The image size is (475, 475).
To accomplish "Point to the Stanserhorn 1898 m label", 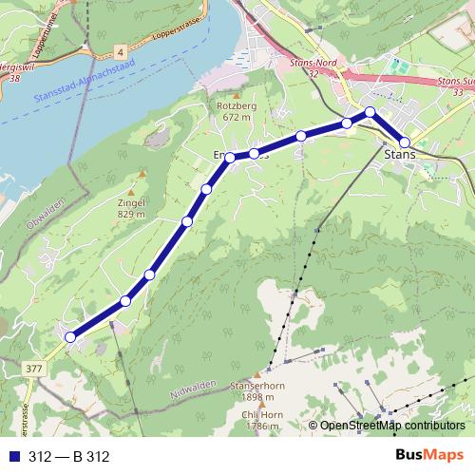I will (255, 392).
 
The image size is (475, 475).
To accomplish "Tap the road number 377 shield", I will (36, 369).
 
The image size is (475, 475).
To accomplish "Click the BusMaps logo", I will (428, 456).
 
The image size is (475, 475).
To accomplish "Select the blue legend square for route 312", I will (12, 457).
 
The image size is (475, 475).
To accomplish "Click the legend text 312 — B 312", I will (69, 457).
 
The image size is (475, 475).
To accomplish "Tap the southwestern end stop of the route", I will (69, 336).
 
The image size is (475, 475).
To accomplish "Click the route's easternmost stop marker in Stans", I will (405, 142).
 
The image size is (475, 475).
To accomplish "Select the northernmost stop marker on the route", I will (370, 113).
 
